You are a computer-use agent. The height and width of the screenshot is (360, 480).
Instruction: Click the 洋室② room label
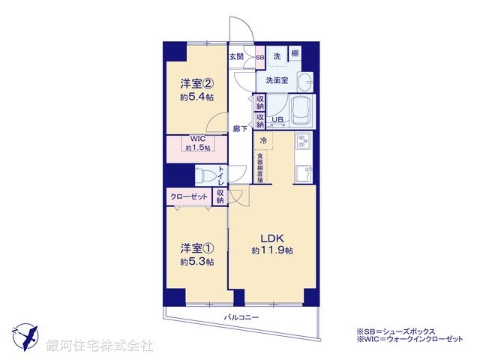click(x=196, y=82)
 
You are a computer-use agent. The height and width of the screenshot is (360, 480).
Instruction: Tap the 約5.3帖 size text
click(x=196, y=262)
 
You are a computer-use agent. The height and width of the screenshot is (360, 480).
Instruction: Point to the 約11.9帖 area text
click(x=271, y=250)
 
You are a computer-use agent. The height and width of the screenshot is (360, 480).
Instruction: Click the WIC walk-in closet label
click(x=196, y=139)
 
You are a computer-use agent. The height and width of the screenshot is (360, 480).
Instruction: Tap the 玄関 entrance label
click(x=237, y=57)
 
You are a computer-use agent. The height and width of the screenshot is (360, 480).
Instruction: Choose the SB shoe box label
click(x=259, y=57)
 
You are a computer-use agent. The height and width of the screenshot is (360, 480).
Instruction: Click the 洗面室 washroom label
click(x=274, y=80)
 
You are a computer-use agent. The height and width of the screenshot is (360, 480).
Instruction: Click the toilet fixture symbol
click(x=204, y=175)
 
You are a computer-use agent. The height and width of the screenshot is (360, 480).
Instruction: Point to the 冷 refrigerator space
click(x=263, y=140)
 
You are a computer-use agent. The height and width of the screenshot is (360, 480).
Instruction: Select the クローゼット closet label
click(x=189, y=196)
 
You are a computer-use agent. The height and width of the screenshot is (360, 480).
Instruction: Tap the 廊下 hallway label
click(x=237, y=128)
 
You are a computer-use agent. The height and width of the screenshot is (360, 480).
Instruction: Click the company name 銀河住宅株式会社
click(x=99, y=346)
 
